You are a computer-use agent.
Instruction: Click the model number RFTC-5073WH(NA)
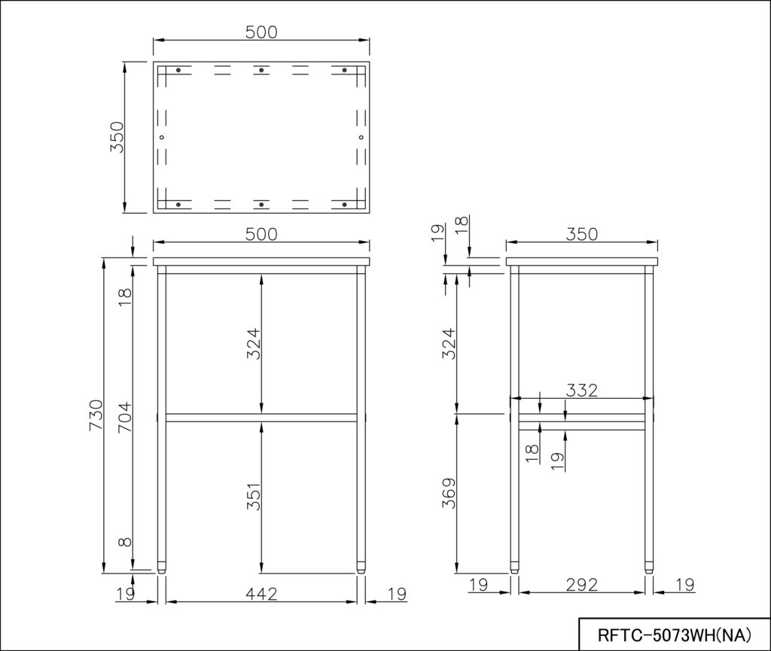tap(674, 634)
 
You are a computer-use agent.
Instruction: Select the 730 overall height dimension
tap(96, 415)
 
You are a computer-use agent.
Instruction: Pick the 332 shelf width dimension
tap(582, 390)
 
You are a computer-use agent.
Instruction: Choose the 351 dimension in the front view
tap(254, 496)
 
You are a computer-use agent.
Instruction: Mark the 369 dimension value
tap(449, 494)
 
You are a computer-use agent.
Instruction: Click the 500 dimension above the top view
tap(261, 32)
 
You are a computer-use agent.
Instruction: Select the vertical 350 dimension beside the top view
tap(117, 138)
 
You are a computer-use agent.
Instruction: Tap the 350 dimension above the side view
tap(581, 234)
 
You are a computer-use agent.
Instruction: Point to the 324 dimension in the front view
tap(254, 342)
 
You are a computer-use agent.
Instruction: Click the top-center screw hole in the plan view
tap(261, 70)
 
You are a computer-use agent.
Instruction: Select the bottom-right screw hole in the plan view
tap(344, 205)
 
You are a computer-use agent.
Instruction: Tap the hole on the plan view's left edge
tap(162, 137)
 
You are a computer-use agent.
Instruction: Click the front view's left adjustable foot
tap(162, 569)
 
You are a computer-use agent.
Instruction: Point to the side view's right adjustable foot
tap(649, 569)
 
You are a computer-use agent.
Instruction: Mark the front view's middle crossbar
tap(261, 417)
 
